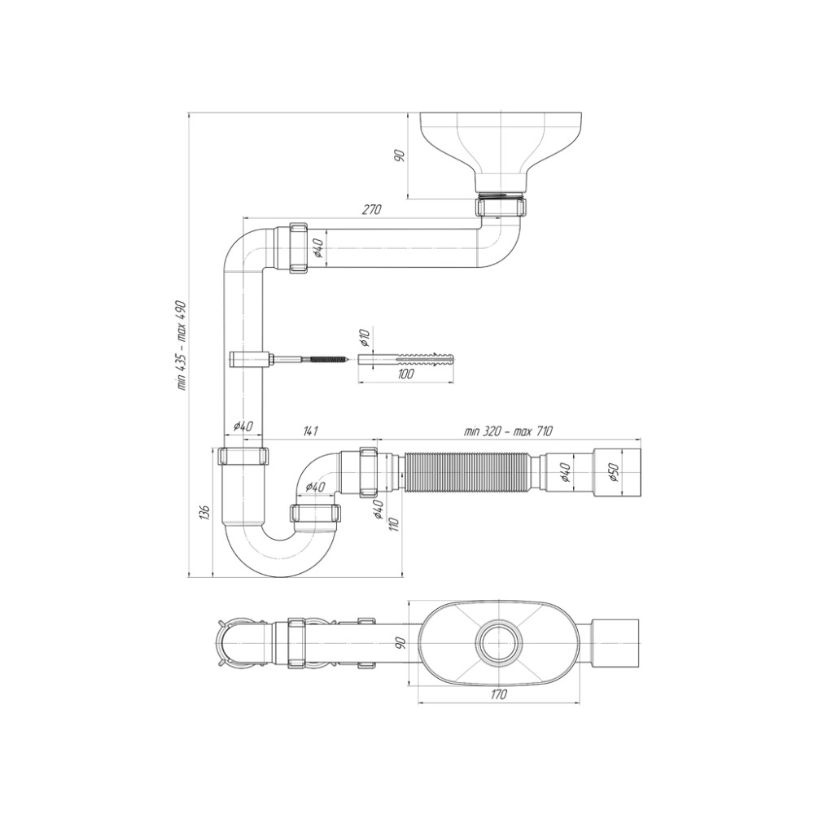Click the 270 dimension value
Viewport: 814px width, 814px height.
[x=371, y=209]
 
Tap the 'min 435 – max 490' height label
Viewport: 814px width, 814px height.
[x=182, y=344]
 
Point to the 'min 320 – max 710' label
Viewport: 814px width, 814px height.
[x=508, y=431]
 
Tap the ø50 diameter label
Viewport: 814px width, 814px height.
[x=613, y=470]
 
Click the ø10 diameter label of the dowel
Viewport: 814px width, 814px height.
[x=364, y=338]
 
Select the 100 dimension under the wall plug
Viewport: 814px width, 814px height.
[x=405, y=374]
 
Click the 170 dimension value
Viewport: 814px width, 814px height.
[x=498, y=694]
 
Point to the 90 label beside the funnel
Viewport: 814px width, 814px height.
[x=399, y=155]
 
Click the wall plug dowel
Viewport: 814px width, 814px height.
[x=406, y=359]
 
